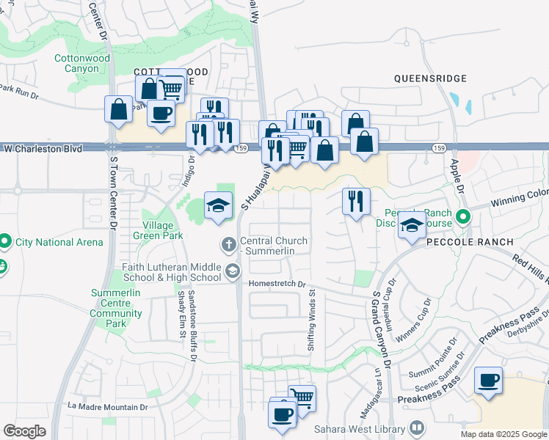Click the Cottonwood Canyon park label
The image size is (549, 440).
82,63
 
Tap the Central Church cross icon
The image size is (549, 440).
228,243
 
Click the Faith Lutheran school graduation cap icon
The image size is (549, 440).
232,272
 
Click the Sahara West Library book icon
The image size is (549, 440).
416,427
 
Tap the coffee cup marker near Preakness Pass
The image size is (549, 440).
488,380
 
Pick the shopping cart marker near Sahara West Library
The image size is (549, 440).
302,397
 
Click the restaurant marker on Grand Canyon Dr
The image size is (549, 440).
356,200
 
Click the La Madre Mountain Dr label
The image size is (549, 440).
107,406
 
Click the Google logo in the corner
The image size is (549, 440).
24,431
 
